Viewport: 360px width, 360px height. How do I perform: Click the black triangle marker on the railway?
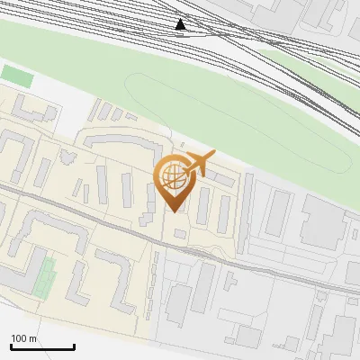point(181,24)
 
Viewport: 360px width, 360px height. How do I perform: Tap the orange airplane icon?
point(199,164)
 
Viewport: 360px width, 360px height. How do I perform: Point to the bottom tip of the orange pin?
point(174,211)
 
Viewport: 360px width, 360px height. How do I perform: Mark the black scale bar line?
point(42,347)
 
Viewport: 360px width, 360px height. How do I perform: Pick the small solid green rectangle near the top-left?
point(16,76)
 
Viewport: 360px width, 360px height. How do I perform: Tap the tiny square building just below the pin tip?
point(180,234)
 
